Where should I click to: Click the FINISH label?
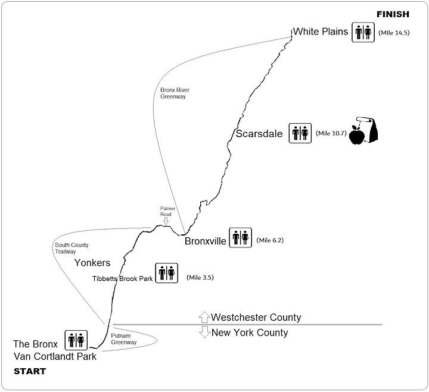393,14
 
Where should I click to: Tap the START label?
29,371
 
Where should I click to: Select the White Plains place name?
320,32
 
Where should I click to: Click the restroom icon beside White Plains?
363,32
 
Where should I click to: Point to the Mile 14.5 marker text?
394,33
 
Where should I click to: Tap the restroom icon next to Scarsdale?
300,133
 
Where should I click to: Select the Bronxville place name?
206,242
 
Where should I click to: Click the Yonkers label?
91,262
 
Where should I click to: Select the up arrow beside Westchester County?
204,317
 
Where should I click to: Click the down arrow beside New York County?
204,333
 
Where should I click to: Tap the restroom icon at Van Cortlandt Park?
77,341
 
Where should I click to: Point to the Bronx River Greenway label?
174,93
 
